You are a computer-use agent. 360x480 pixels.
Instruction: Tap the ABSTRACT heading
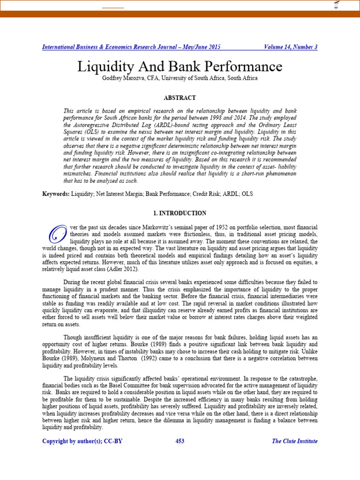pos(180,98)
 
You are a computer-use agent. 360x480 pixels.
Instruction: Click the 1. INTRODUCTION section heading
pos(180,213)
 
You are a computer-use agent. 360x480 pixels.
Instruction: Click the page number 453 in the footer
pos(180,441)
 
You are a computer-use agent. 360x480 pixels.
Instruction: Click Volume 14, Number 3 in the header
pos(291,47)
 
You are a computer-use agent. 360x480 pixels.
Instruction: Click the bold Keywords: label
pos(56,194)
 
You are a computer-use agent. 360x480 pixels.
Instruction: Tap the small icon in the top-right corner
pos(336,5)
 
